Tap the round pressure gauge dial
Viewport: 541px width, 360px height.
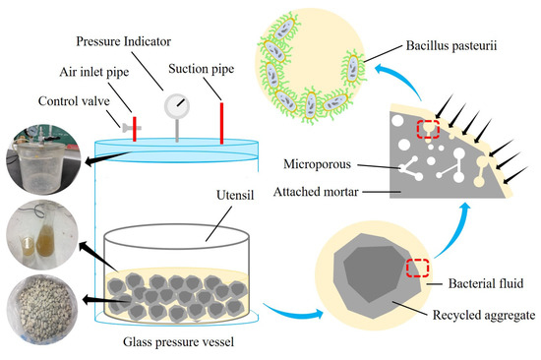pyautogui.click(x=178, y=105)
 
